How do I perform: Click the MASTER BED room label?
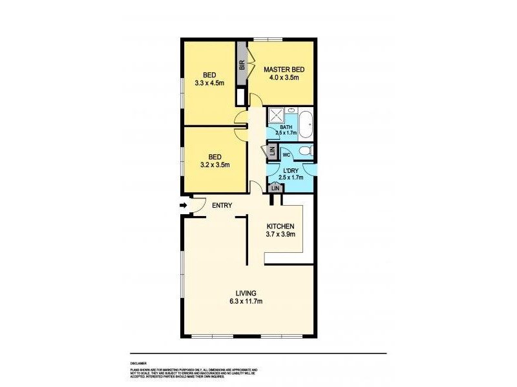(x=283, y=69)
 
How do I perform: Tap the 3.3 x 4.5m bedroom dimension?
(x=209, y=83)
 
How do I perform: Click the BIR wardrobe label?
(x=242, y=65)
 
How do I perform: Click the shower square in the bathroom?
(x=277, y=116)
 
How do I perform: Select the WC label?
(x=286, y=155)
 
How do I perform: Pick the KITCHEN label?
(x=281, y=226)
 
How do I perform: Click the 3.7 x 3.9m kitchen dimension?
(x=281, y=235)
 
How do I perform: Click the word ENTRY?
(x=222, y=206)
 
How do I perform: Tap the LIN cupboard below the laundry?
(x=275, y=188)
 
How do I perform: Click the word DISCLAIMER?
(x=138, y=363)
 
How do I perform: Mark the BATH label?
(x=285, y=127)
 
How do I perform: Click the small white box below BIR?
(x=241, y=97)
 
